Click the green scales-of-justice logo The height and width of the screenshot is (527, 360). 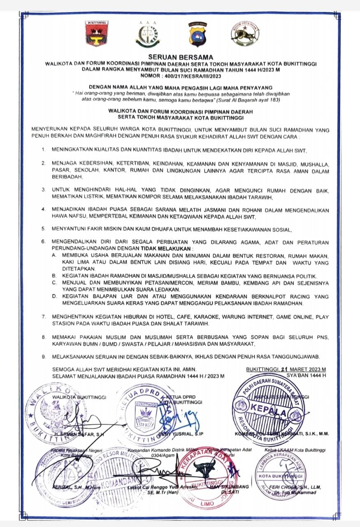point(147,35)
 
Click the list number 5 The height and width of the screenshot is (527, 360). point(43,228)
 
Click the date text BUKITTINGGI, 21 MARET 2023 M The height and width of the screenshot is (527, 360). point(286,369)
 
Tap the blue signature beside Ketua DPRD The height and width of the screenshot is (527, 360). point(175,418)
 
